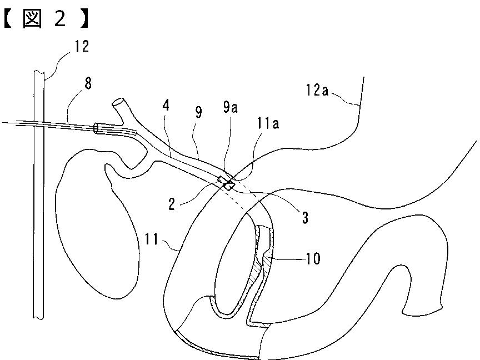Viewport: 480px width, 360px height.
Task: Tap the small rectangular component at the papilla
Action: [226, 183]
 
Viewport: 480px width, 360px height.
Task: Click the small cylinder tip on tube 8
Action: [98, 128]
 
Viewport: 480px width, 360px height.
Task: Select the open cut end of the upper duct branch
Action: [118, 103]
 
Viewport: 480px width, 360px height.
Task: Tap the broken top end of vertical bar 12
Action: [39, 72]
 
